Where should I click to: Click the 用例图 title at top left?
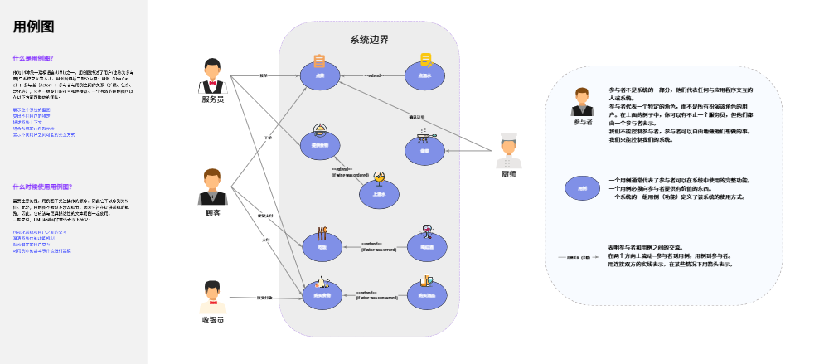pos(33,27)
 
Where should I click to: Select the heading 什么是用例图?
pos(33,58)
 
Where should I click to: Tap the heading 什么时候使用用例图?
pos(42,187)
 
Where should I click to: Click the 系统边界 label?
pos(369,40)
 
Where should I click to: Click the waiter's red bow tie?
pos(213,83)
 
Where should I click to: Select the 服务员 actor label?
pos(213,100)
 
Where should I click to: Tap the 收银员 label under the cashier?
pos(213,319)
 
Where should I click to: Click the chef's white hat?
pos(508,138)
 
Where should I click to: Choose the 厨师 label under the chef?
pos(508,174)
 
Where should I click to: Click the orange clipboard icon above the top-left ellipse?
pos(319,60)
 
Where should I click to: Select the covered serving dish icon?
pos(319,129)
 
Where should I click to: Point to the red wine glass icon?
pos(428,231)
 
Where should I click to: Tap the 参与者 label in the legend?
pos(583,122)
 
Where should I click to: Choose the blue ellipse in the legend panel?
pos(582,188)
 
